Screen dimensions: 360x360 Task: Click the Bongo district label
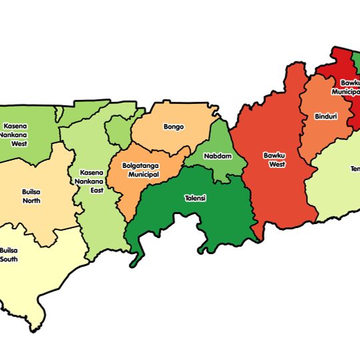coord(173,127)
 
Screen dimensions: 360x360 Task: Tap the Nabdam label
coord(215,156)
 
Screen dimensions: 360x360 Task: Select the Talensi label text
coord(196,198)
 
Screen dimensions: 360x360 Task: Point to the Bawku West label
coord(273,159)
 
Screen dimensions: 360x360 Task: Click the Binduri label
coord(325,117)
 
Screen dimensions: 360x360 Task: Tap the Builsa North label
coord(31,196)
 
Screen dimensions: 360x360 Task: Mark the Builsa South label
coord(9,254)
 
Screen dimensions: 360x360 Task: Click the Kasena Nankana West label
coord(14,134)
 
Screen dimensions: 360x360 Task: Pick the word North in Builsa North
coord(31,201)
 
